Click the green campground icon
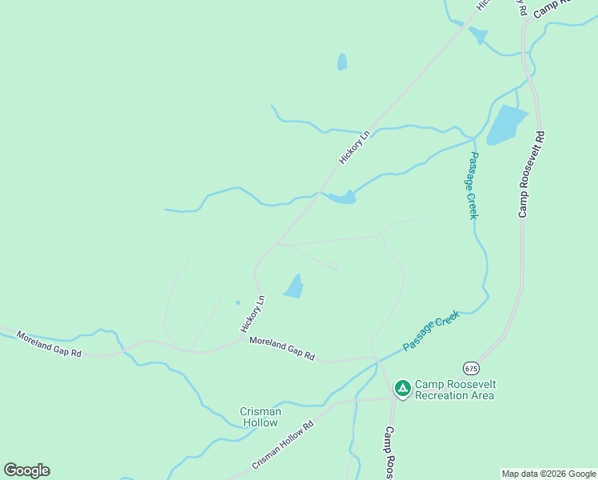pyautogui.click(x=403, y=389)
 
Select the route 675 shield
pyautogui.click(x=471, y=368)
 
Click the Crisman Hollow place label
pyautogui.click(x=261, y=417)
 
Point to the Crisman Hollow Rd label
pyautogui.click(x=283, y=446)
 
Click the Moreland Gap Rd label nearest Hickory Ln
pyautogui.click(x=281, y=348)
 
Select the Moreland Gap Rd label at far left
pyautogui.click(x=49, y=344)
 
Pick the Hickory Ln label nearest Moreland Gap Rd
pyautogui.click(x=252, y=314)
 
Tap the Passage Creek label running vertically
pyautogui.click(x=472, y=186)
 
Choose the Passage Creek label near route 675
pyautogui.click(x=432, y=330)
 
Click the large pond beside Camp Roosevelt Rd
pyautogui.click(x=505, y=124)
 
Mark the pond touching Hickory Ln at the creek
pyautogui.click(x=341, y=197)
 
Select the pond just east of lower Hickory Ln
pyautogui.click(x=294, y=286)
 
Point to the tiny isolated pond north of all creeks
pyautogui.click(x=342, y=62)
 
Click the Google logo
pyautogui.click(x=26, y=470)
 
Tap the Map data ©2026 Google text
pyautogui.click(x=548, y=474)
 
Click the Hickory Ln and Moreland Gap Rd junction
pyautogui.click(x=243, y=339)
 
